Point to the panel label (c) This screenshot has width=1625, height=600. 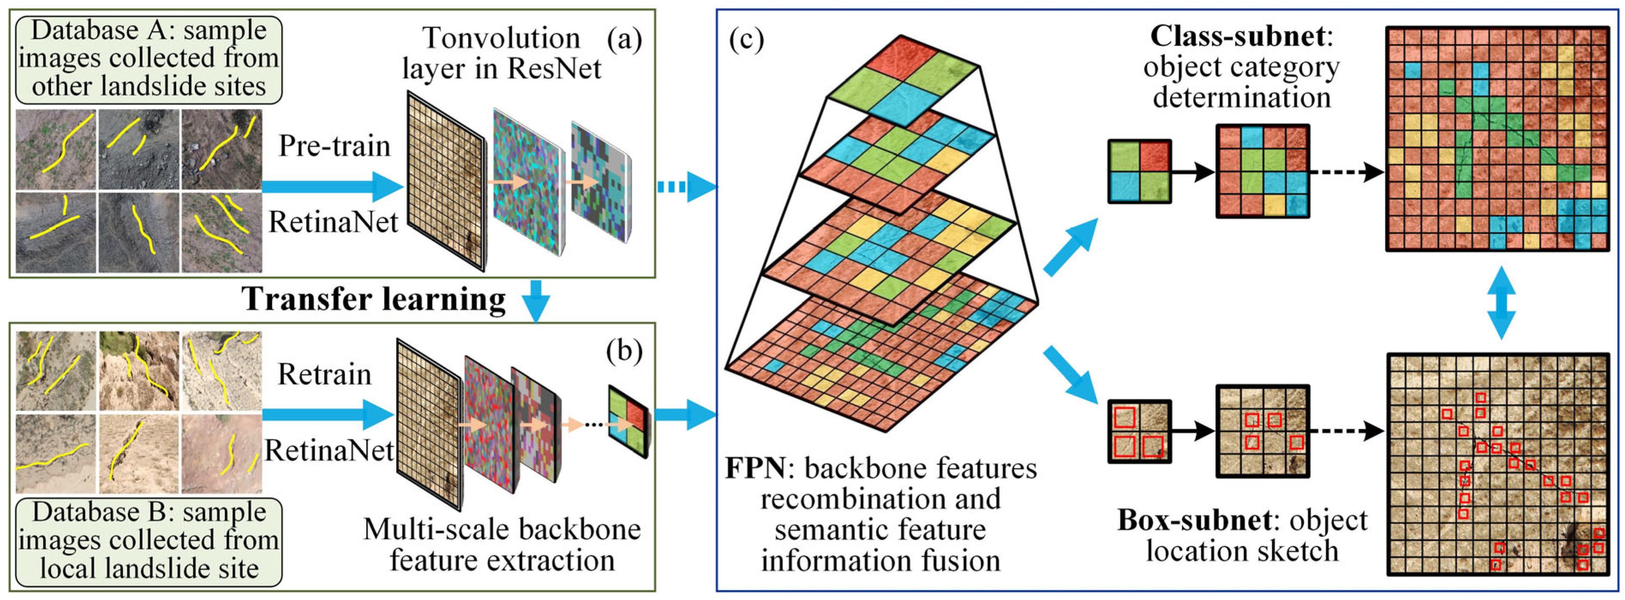746,39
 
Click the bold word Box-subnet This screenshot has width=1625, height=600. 1194,521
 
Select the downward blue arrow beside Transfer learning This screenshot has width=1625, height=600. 536,300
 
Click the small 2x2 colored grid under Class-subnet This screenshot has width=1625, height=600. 1139,171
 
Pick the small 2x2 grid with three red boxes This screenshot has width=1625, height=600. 1139,432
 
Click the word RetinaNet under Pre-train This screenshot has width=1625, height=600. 333,222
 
